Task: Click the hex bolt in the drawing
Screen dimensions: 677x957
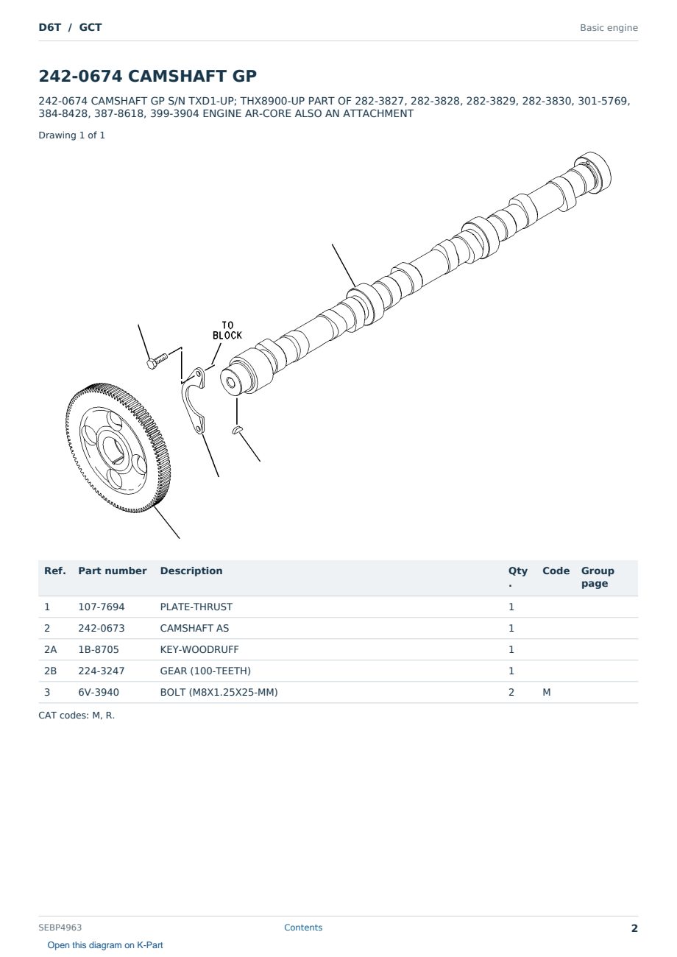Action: [157, 361]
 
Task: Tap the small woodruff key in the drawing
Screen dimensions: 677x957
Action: [237, 429]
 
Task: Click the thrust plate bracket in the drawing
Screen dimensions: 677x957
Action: [194, 400]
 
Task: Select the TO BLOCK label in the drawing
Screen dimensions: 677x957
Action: [227, 331]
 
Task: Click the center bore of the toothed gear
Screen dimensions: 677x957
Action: [114, 448]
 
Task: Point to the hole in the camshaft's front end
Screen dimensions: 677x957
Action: [231, 382]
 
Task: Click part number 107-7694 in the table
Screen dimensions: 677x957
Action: [102, 607]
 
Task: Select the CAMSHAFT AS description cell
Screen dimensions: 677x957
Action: [194, 628]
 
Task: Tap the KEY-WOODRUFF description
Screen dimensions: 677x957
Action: [199, 649]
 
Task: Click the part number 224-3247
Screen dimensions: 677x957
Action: [102, 671]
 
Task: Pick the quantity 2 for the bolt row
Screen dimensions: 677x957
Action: [511, 692]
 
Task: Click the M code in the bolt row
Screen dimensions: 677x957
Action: [546, 692]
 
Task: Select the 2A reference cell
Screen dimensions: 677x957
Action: [50, 649]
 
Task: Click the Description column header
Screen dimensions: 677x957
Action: [191, 571]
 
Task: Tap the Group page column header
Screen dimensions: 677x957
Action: [598, 577]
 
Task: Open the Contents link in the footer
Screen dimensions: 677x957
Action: [303, 928]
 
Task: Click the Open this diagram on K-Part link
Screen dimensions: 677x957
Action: [105, 945]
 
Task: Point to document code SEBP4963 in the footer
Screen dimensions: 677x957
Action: [60, 928]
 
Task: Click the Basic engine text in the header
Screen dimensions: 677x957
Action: [609, 28]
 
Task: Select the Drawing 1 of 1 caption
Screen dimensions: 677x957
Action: [71, 135]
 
